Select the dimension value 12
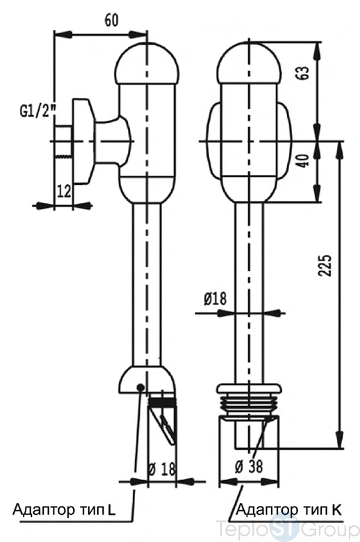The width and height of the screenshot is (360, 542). click(64, 191)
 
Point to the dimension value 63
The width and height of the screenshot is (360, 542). click(303, 72)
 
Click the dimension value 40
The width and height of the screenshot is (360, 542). click(303, 161)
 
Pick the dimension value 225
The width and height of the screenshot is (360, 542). click(325, 265)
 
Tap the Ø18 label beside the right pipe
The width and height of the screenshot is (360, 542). click(215, 299)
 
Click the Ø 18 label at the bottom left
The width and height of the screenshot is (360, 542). click(162, 469)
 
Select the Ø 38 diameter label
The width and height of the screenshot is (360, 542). click(249, 466)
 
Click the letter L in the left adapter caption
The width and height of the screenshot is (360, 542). click(111, 510)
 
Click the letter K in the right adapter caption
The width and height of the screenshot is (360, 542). click(336, 509)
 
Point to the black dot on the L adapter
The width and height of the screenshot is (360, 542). click(140, 387)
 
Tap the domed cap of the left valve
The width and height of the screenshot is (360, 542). click(147, 63)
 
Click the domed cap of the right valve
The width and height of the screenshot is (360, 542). click(249, 63)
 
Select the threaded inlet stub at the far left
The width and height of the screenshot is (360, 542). click(63, 142)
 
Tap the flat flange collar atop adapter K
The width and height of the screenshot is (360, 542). click(249, 388)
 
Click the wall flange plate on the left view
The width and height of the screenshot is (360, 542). click(83, 142)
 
